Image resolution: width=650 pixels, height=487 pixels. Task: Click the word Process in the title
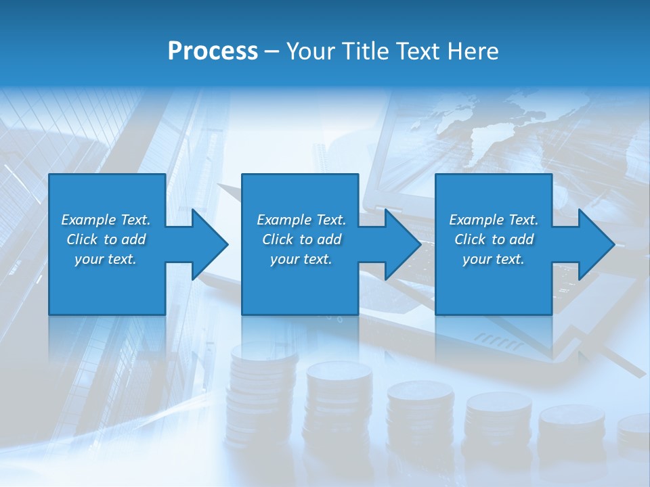213,51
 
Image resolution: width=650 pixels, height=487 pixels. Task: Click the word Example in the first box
89,220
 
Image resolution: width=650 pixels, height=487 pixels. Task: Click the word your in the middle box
283,259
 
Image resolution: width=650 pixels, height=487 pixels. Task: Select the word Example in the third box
477,220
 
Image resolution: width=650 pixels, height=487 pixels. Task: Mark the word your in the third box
476,259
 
